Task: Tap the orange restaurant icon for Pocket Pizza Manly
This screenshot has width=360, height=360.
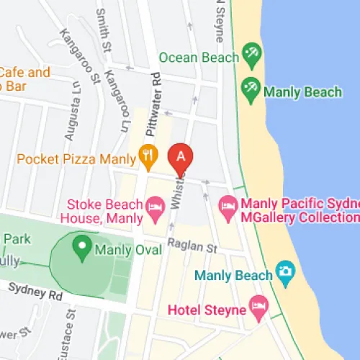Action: coord(148,156)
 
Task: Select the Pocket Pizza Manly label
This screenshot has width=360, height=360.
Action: coord(76,158)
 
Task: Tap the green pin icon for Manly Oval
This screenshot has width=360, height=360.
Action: coord(81,249)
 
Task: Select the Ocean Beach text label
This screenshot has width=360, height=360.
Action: coord(199,57)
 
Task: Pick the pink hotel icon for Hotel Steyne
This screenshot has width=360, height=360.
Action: coord(258,309)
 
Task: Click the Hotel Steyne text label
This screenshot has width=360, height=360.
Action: coord(205,311)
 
